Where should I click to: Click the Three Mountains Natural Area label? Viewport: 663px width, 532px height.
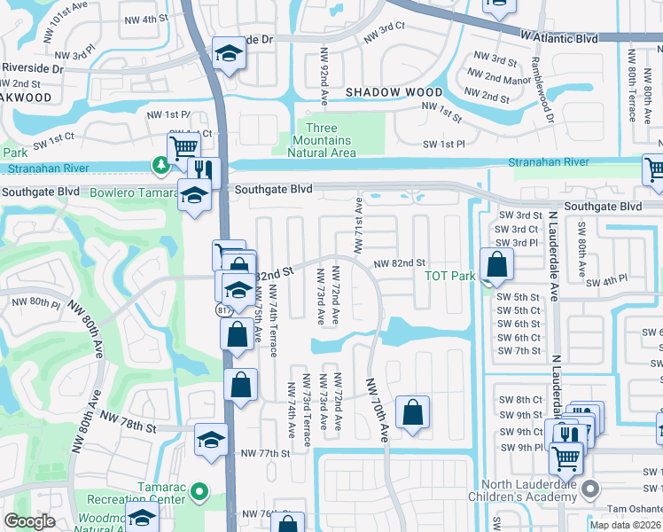point(322,141)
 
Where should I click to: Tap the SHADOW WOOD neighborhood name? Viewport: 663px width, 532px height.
point(394,92)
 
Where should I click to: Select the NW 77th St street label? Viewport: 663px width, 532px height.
point(266,453)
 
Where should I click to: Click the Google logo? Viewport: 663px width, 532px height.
point(30,521)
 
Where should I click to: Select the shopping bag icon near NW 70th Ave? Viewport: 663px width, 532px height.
point(412,412)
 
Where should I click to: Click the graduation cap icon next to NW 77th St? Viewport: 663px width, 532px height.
point(211,440)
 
